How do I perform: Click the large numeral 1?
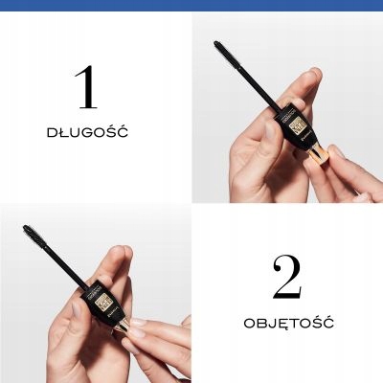point(85,87)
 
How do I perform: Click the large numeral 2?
point(286,278)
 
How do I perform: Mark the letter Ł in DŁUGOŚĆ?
point(62,131)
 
